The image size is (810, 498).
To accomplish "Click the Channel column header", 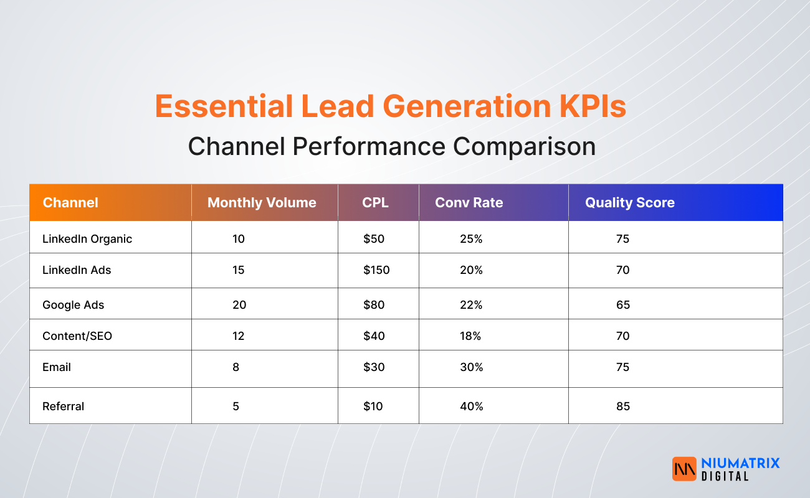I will [70, 202].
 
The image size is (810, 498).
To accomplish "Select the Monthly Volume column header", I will [262, 202].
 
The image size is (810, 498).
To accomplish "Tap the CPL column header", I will [375, 202].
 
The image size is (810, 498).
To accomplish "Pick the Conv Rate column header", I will [469, 202].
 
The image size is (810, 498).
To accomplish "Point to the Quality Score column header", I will [629, 202].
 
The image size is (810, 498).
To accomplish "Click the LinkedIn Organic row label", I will [87, 238].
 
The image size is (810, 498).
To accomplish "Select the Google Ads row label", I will [74, 304].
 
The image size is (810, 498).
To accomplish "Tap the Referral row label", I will [63, 406].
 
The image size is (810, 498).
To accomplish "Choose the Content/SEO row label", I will [77, 336].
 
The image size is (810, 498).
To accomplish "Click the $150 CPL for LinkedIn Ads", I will [376, 270].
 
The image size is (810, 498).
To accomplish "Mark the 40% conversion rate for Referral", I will [471, 406].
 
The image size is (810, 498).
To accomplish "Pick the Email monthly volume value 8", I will [236, 367].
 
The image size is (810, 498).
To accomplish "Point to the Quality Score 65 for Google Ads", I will [622, 304].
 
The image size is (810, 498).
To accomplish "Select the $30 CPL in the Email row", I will [374, 367].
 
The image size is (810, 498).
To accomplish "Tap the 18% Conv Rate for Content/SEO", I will [471, 336].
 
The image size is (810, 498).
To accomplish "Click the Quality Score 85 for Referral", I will [622, 406].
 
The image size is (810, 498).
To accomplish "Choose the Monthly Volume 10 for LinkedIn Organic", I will [238, 238].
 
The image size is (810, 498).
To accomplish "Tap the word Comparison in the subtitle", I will [524, 146].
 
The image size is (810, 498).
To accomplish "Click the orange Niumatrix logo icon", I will [684, 469].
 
